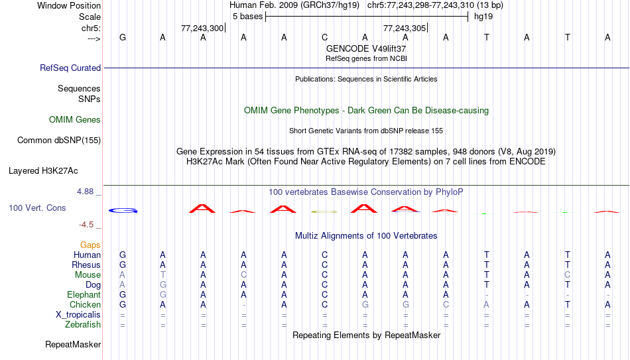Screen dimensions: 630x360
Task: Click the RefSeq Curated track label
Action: pyautogui.click(x=70, y=68)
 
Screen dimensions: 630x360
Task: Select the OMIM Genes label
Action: pyautogui.click(x=75, y=120)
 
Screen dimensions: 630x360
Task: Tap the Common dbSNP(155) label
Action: pyautogui.click(x=59, y=141)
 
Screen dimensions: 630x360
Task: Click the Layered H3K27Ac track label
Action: pyautogui.click(x=43, y=171)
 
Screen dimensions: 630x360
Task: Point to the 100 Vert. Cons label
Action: pyautogui.click(x=37, y=208)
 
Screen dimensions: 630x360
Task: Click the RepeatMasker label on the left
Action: pyautogui.click(x=73, y=344)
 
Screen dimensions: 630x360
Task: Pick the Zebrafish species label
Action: pyautogui.click(x=83, y=324)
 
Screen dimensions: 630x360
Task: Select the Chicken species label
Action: pyautogui.click(x=85, y=304)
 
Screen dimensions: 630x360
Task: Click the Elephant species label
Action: pyautogui.click(x=84, y=294)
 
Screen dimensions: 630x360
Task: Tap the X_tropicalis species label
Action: pyautogui.click(x=78, y=315)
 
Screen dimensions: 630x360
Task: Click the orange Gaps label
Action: pyautogui.click(x=90, y=245)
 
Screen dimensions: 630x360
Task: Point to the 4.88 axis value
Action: pyautogui.click(x=86, y=192)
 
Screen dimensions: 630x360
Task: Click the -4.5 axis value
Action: pyautogui.click(x=86, y=225)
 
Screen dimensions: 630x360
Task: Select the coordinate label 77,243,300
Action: pyautogui.click(x=202, y=28)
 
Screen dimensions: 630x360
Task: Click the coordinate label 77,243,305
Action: pyautogui.click(x=405, y=28)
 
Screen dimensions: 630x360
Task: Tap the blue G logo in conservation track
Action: pyautogui.click(x=123, y=211)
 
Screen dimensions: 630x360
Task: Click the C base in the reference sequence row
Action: pyautogui.click(x=325, y=37)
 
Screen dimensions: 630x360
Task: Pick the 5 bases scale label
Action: pyautogui.click(x=247, y=17)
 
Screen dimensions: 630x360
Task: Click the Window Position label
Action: pyautogui.click(x=69, y=5)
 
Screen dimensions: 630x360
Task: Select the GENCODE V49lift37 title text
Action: pyautogui.click(x=366, y=48)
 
